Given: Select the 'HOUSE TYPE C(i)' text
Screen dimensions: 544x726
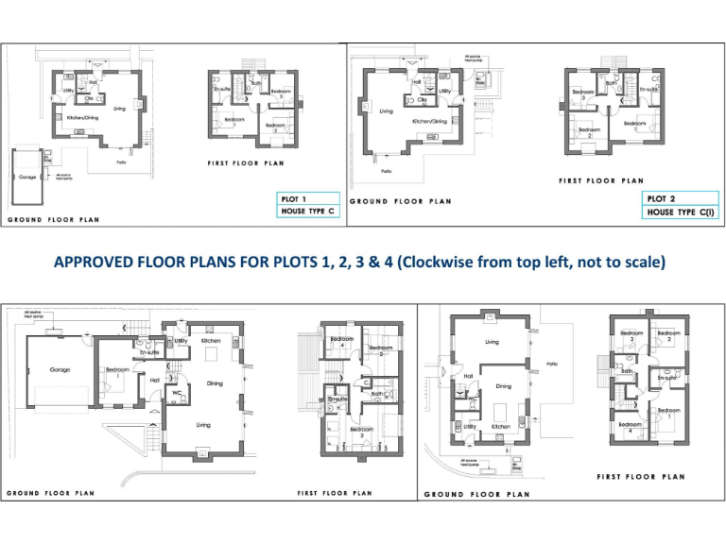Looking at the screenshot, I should (x=680, y=212).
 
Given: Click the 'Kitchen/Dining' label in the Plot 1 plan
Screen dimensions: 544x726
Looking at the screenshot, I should (x=82, y=118).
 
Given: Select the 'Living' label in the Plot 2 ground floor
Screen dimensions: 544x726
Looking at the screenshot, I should (x=386, y=111).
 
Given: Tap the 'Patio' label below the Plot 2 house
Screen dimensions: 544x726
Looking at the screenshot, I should (x=387, y=171).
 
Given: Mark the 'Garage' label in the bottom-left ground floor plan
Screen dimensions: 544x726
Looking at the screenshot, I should (x=60, y=369).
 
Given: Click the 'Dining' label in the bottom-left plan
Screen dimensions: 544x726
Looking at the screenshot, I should (x=215, y=383).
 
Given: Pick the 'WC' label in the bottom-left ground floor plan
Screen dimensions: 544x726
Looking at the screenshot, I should (x=176, y=392).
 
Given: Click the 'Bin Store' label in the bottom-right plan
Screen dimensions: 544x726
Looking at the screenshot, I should (x=516, y=466).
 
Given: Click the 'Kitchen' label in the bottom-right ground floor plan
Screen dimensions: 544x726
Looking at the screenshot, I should (x=501, y=427).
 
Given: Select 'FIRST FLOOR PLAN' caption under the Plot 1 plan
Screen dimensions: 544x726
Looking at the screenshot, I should (x=246, y=163).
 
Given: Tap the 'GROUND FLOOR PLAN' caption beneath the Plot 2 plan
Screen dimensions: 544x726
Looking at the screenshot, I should (x=400, y=201).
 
